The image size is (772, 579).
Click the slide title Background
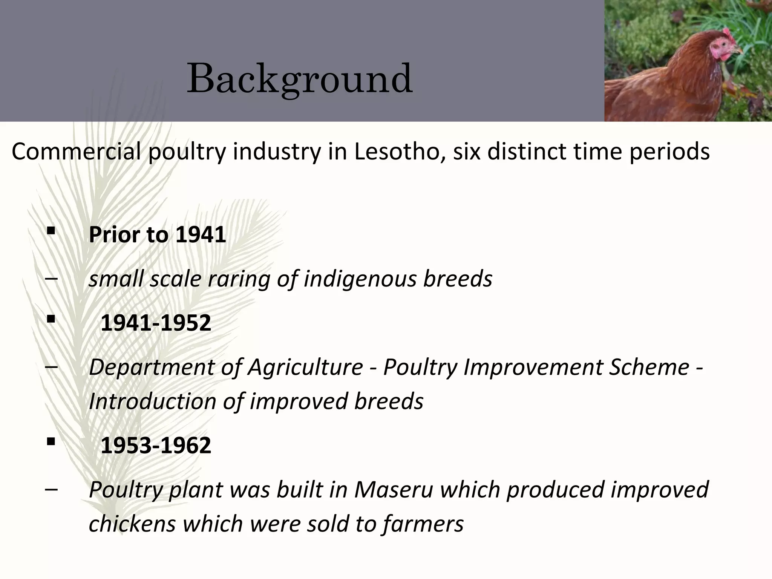pyautogui.click(x=299, y=79)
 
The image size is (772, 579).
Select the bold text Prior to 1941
pyautogui.click(x=157, y=234)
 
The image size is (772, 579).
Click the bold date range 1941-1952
pyautogui.click(x=156, y=323)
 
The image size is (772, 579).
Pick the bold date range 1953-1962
pyautogui.click(x=156, y=446)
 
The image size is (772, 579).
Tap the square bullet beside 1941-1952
pyautogui.click(x=51, y=319)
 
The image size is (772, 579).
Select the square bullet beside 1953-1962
pyautogui.click(x=51, y=441)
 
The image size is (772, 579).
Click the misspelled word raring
pyautogui.click(x=239, y=279)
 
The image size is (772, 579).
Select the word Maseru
pyautogui.click(x=393, y=489)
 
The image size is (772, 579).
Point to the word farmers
pyautogui.click(x=422, y=524)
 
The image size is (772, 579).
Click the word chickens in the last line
pyautogui.click(x=132, y=524)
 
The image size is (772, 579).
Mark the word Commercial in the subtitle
pyautogui.click(x=77, y=152)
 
